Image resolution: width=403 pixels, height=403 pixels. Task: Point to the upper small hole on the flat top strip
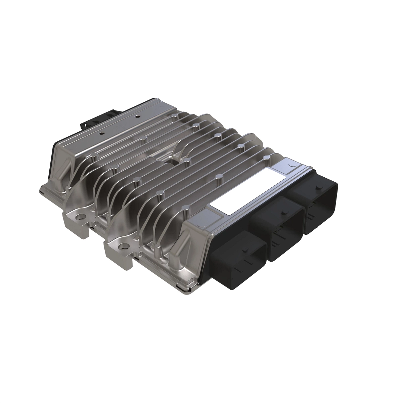point(137,117)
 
